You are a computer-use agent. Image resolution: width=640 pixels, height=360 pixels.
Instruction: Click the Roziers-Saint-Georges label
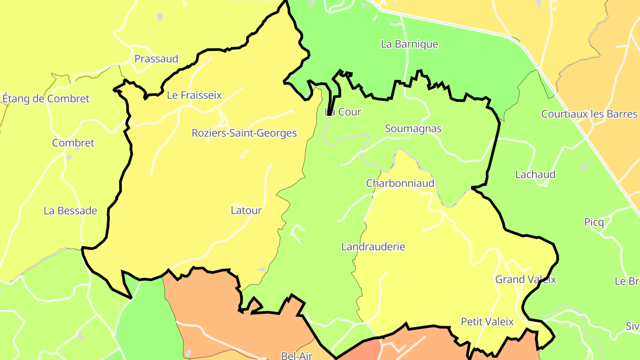click(244, 133)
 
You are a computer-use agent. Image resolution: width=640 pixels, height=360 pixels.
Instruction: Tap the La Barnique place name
click(409, 44)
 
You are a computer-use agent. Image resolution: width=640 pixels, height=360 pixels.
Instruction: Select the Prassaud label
click(156, 59)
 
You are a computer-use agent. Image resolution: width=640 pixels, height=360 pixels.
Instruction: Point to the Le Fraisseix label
click(194, 95)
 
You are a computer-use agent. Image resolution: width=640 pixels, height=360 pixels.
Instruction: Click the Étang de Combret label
click(46, 99)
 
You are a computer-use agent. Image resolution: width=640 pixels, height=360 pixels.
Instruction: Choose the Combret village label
click(73, 143)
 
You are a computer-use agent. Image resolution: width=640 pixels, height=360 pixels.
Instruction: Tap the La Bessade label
click(70, 211)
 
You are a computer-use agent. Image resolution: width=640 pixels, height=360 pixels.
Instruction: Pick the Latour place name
click(246, 210)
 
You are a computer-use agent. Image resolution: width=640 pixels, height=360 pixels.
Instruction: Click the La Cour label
click(343, 112)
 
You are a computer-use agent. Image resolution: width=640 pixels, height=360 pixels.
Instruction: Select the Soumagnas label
click(413, 129)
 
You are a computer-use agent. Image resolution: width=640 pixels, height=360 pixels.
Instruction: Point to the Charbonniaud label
click(400, 183)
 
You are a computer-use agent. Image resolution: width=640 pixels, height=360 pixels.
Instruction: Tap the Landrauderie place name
click(373, 247)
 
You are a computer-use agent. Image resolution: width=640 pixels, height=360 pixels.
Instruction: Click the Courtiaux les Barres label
click(589, 114)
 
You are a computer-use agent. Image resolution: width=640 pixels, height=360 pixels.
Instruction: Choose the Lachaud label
click(535, 174)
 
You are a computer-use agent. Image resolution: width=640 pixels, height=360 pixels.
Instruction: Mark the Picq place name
click(594, 222)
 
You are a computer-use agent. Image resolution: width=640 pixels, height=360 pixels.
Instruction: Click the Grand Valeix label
click(526, 280)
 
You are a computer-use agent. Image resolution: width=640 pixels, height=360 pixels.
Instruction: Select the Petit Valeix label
click(487, 322)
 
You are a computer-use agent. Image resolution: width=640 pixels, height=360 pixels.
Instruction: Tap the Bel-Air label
click(297, 355)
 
